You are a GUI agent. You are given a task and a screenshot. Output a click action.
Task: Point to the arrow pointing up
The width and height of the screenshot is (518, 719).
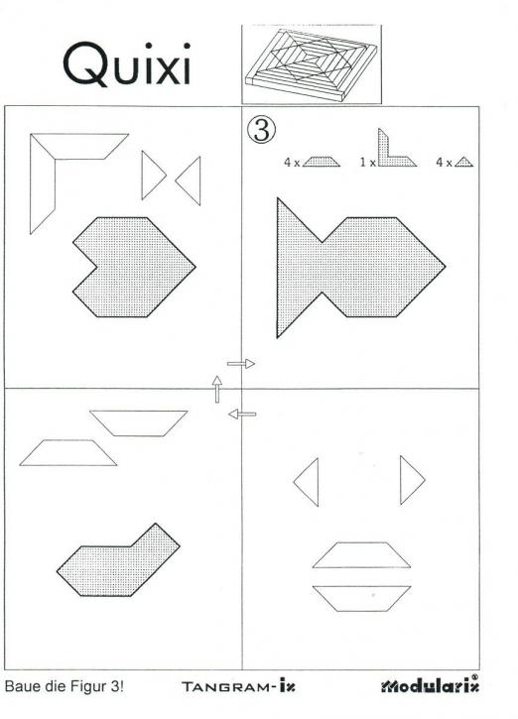[216, 388]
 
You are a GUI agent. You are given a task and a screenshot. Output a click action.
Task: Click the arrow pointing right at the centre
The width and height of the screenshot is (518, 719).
[241, 364]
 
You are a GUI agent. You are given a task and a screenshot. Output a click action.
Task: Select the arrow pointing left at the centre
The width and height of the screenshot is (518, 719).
[241, 414]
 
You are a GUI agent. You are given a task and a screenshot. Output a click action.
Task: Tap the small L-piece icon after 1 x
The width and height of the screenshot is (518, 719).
[392, 150]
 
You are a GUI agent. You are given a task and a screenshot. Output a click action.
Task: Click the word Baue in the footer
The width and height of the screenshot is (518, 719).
[23, 686]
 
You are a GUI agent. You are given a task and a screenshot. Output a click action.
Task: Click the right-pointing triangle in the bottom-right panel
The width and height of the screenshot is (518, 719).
[412, 480]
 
